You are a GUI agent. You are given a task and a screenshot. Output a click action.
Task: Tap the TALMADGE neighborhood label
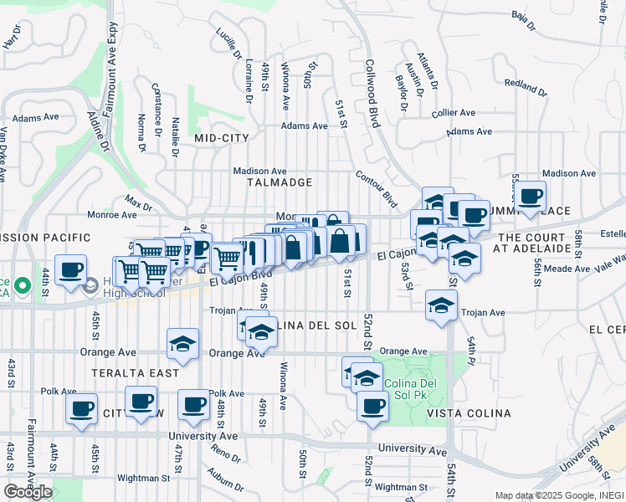[x=280, y=182]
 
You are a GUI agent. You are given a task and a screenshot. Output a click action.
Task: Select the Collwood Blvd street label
[x=372, y=94]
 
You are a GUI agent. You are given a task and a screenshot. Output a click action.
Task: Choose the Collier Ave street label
[x=453, y=112]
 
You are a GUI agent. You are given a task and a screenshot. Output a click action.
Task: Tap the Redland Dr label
[x=525, y=86]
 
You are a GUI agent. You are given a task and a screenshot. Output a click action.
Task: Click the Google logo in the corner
[x=28, y=491]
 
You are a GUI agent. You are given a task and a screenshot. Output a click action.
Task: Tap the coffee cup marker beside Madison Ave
[x=530, y=197]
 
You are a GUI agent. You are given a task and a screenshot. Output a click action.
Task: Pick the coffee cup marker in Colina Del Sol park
[x=372, y=407]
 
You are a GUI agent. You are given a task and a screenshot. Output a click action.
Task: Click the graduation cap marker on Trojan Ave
[x=441, y=305]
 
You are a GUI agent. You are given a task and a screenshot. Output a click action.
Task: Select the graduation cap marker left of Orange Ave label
[x=183, y=343]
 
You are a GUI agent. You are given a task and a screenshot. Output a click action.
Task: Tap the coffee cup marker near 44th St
[x=71, y=270]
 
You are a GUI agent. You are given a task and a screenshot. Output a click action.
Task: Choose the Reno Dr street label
[x=225, y=453]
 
